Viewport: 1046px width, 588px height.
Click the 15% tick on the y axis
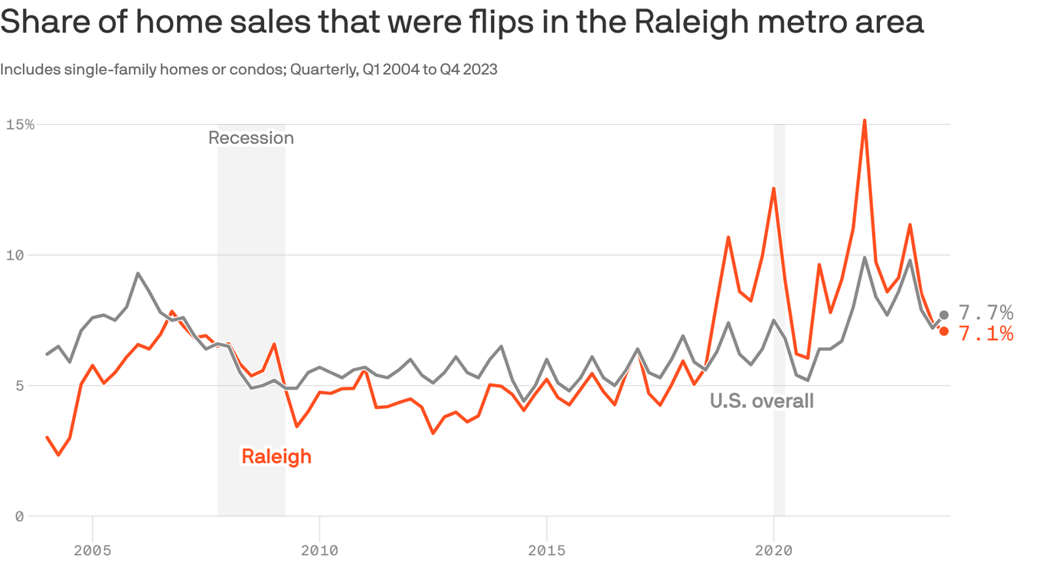point(19,124)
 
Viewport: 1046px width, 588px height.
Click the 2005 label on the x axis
point(93,550)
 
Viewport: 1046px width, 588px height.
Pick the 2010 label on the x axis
point(319,550)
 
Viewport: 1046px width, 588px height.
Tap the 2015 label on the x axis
point(547,550)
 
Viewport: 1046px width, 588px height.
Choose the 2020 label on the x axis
point(773,550)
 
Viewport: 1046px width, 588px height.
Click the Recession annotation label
point(251,138)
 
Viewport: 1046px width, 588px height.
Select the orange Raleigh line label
point(276,456)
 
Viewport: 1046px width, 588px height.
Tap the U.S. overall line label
point(761,400)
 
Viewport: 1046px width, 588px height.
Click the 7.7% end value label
point(986,312)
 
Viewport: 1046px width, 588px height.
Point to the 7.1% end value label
point(986,333)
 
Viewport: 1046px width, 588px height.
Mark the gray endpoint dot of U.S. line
point(943,315)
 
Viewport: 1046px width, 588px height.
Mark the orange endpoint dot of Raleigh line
point(943,331)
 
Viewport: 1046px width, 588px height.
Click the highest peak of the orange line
point(864,120)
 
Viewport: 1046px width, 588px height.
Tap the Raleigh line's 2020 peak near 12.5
point(773,188)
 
